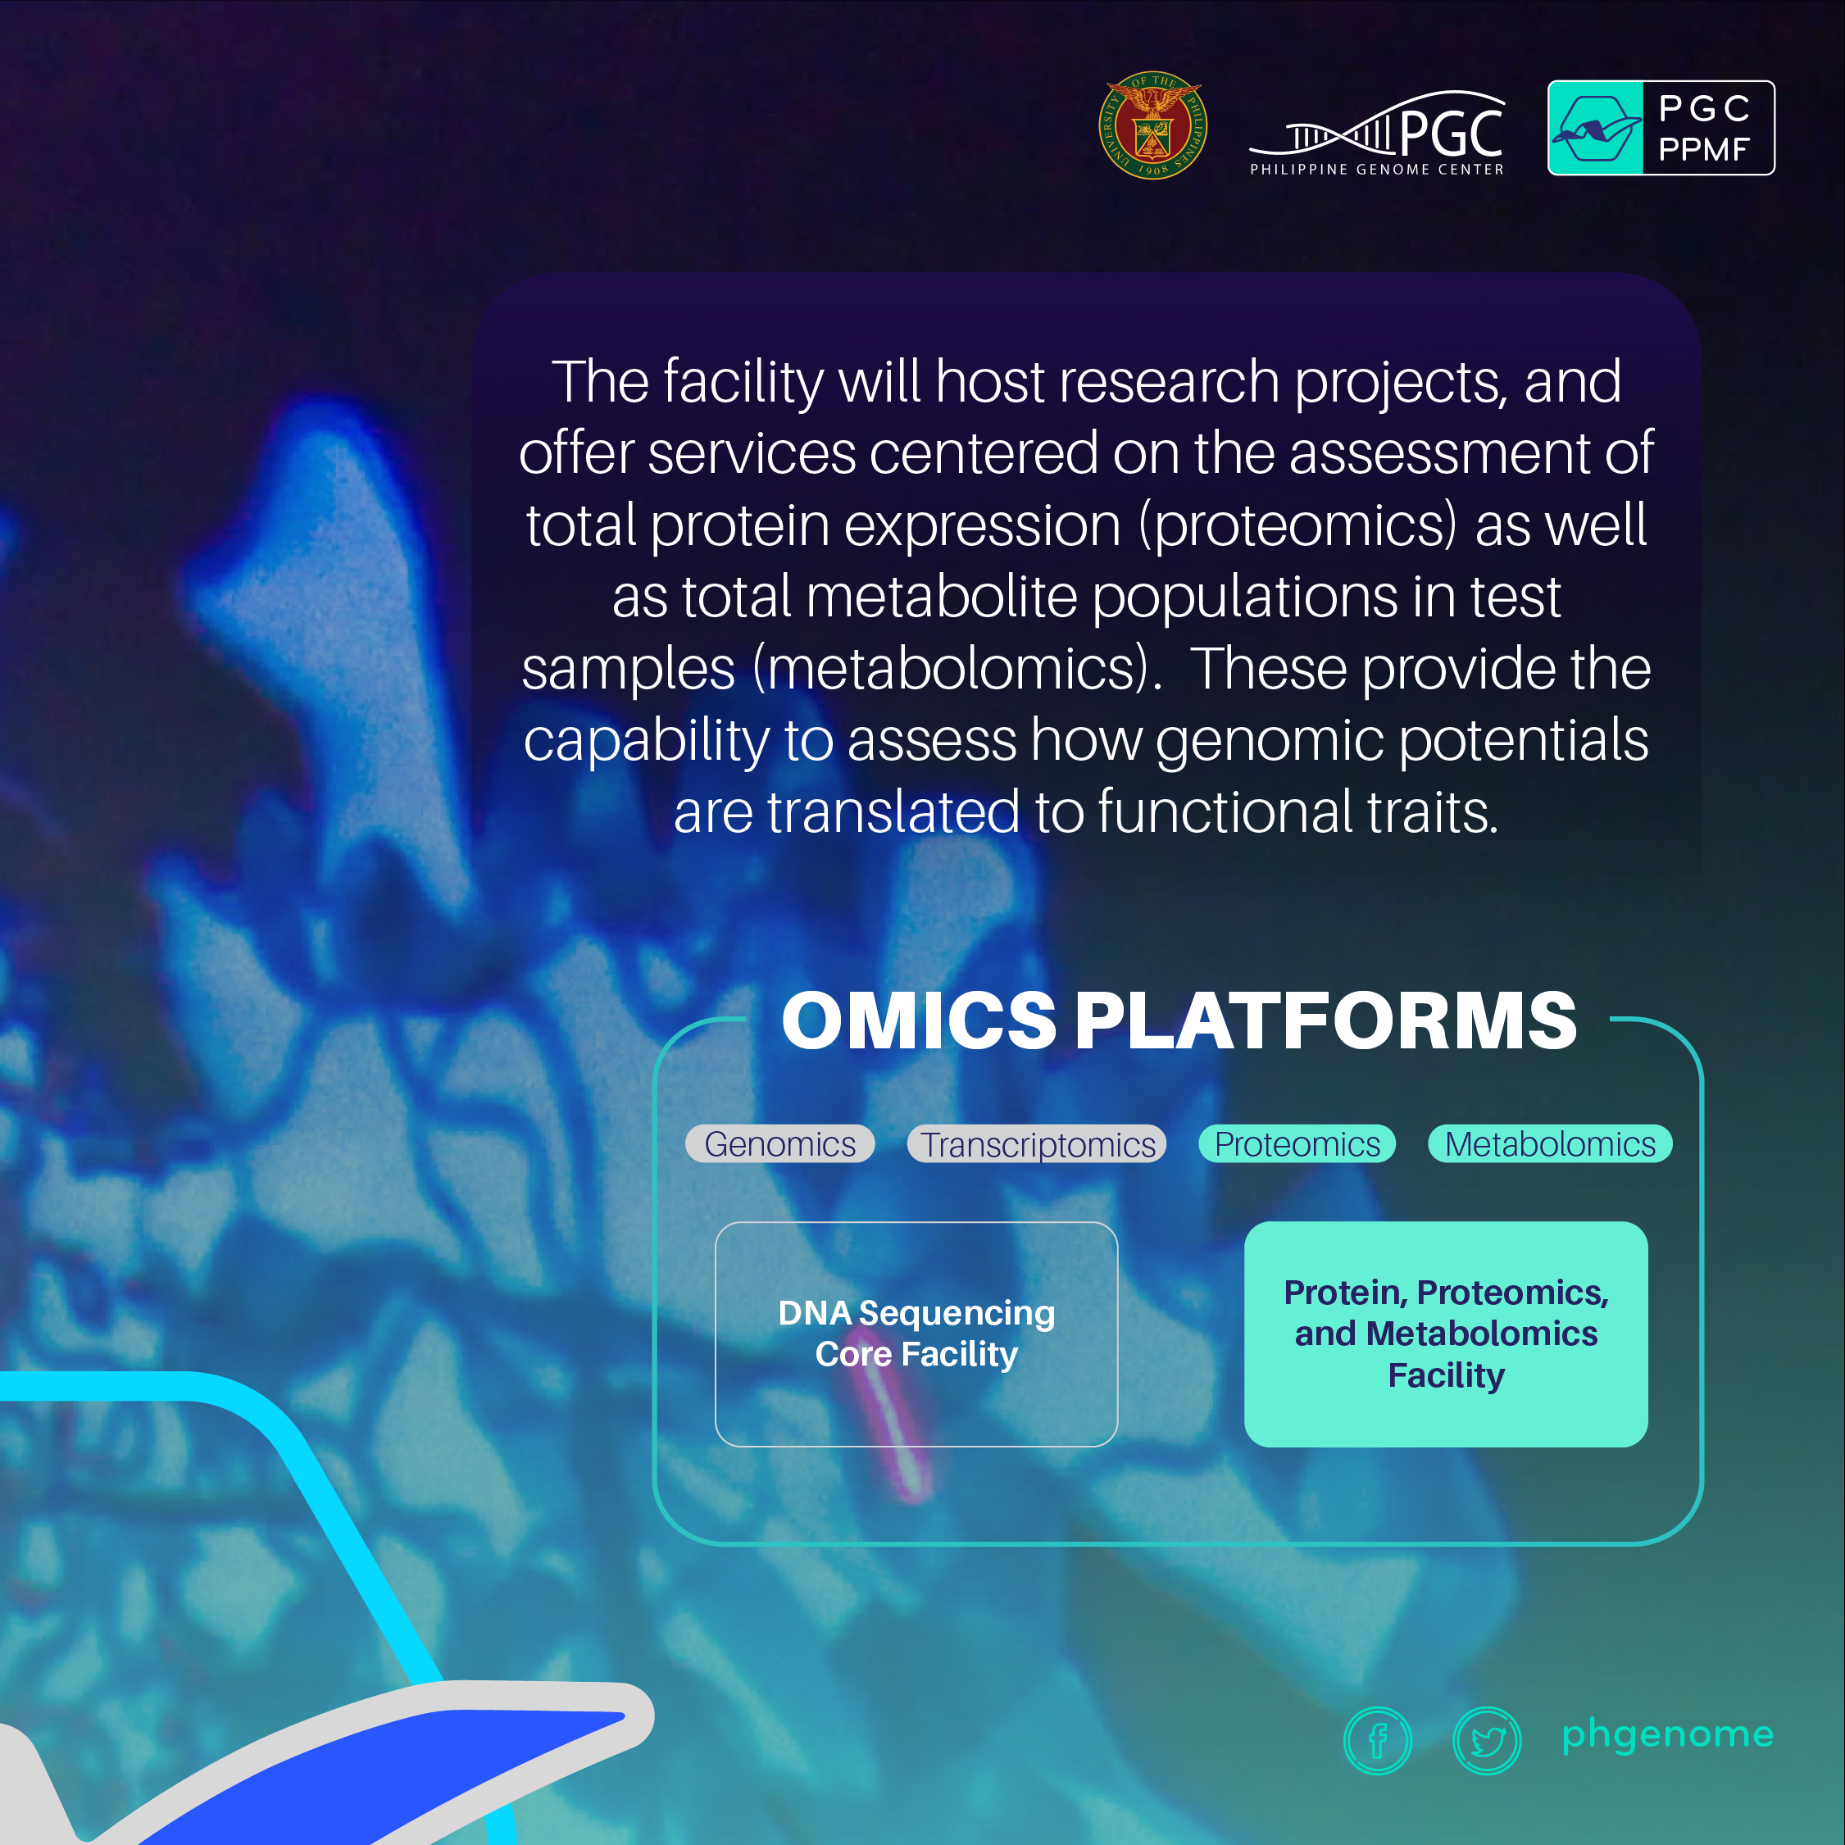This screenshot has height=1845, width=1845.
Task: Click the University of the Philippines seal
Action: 1152,125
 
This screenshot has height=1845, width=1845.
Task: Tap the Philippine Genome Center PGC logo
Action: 1377,134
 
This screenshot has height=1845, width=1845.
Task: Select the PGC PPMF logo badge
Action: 1661,128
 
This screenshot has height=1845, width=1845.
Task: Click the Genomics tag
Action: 780,1144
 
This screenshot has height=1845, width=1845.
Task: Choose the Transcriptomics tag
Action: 1037,1144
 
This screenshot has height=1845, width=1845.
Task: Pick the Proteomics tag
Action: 1297,1144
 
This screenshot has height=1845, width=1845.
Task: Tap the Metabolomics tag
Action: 1550,1144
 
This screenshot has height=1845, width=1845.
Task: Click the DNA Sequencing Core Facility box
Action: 917,1334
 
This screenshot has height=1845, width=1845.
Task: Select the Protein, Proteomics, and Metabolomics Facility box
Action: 1446,1334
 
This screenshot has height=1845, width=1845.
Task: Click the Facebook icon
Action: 1377,1741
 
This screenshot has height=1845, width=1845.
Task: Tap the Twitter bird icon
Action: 1487,1741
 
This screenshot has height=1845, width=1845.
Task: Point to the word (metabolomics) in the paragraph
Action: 957,669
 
